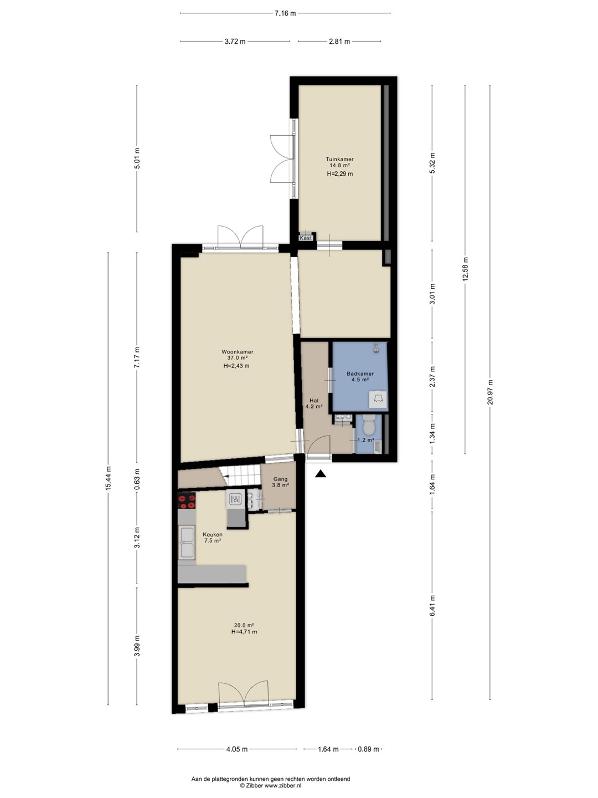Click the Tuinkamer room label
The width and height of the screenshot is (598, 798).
(x=339, y=159)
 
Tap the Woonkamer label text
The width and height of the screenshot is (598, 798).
(x=238, y=351)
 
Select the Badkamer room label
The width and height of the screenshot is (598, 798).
(x=360, y=374)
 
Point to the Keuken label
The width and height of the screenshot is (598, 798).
(x=213, y=534)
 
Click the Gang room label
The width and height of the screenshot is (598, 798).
(x=280, y=479)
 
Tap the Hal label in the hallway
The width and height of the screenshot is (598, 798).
(x=314, y=400)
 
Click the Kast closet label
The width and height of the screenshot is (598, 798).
(x=306, y=238)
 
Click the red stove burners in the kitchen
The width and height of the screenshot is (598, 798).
(x=187, y=501)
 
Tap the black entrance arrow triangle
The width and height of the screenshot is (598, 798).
(x=320, y=474)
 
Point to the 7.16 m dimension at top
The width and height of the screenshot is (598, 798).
(x=285, y=13)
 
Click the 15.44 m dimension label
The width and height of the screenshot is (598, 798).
(x=108, y=478)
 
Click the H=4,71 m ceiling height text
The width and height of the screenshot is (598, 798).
(x=244, y=632)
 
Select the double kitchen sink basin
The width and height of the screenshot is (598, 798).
(x=187, y=544)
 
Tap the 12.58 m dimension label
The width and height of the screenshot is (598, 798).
(x=466, y=269)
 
